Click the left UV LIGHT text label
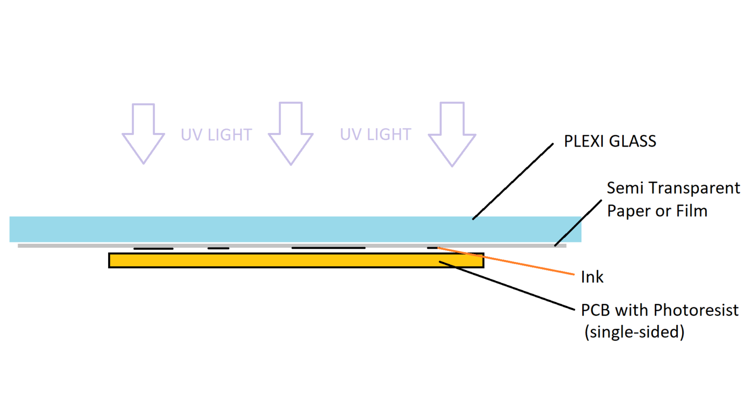216,135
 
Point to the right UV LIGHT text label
375,134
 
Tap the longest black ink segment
328,248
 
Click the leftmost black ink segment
153,249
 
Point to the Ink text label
592,277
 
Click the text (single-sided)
634,332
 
